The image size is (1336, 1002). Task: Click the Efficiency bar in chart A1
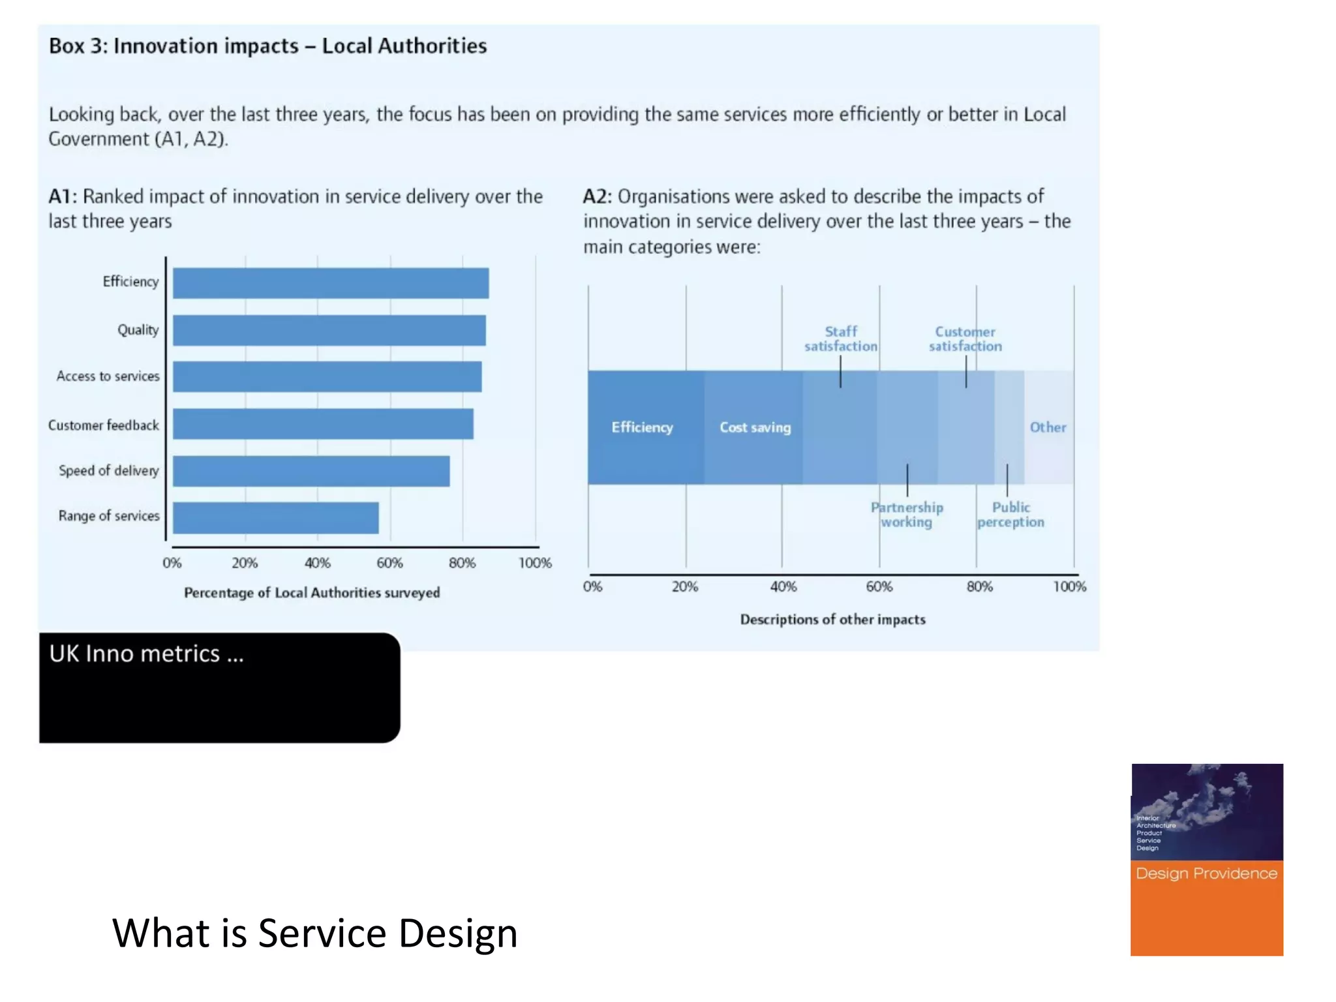click(330, 283)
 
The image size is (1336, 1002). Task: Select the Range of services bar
click(275, 517)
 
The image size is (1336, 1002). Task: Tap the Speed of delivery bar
click(311, 470)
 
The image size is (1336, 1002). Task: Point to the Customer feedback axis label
click(103, 425)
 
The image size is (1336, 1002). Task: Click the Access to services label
click(108, 376)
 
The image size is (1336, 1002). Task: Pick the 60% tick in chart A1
click(389, 563)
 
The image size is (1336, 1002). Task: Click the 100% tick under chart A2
click(1069, 586)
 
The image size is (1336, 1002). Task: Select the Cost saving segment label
click(755, 427)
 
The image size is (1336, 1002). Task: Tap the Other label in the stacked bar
click(1048, 427)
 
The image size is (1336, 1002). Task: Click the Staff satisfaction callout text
click(840, 339)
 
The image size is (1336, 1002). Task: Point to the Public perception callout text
click(1010, 514)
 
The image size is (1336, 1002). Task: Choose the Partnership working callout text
click(907, 514)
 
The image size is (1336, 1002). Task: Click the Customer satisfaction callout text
click(965, 339)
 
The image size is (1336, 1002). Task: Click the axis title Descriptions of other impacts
click(832, 619)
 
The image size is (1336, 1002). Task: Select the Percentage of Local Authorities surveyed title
click(312, 592)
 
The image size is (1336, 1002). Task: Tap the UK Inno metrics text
click(146, 654)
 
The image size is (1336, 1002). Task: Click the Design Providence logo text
click(1206, 873)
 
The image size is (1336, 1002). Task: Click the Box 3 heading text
click(267, 46)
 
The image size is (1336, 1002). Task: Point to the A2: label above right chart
click(597, 196)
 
